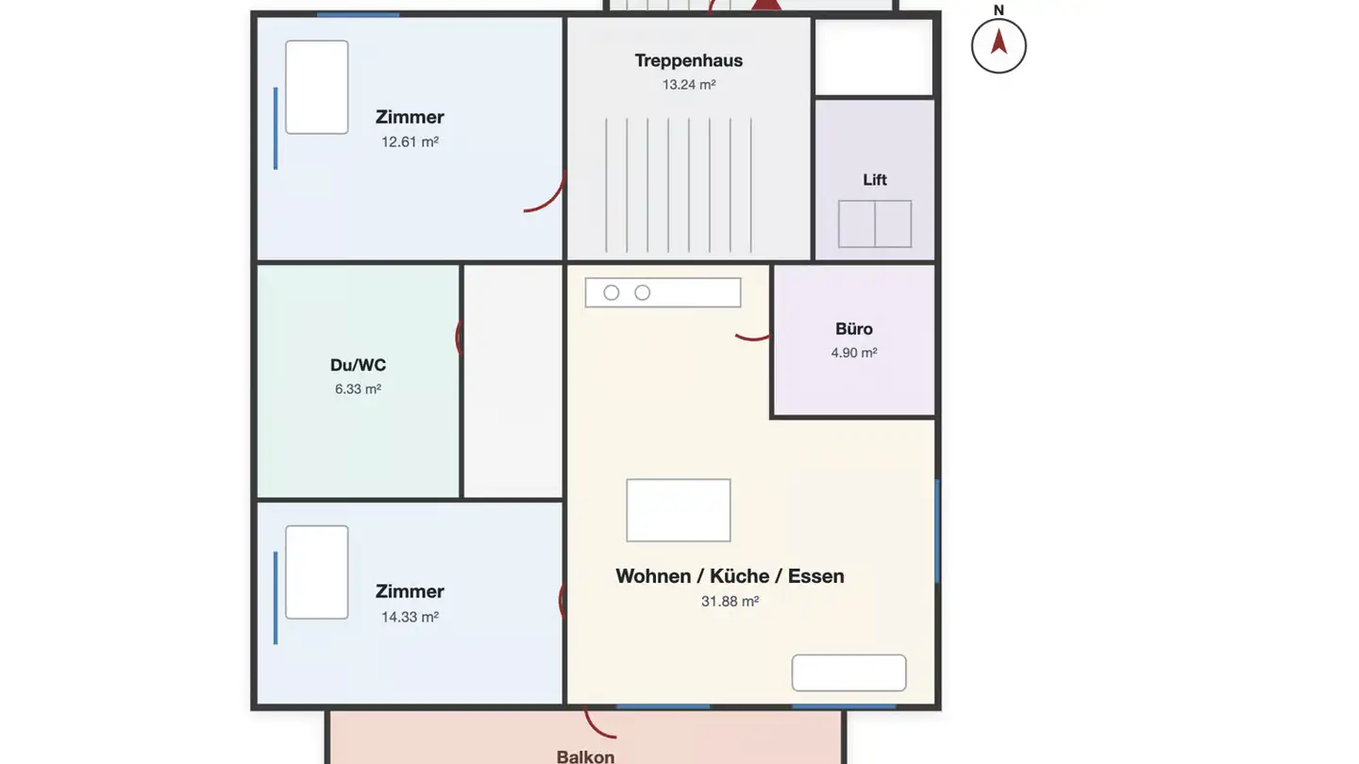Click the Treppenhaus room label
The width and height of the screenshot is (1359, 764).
[x=689, y=60]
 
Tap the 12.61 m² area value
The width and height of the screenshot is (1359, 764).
[x=410, y=141]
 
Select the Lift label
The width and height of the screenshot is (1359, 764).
[x=874, y=179]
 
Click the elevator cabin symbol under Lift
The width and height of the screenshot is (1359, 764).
[x=874, y=224]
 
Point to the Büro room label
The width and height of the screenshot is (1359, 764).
[x=853, y=328]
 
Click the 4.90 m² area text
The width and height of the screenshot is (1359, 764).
[x=853, y=353]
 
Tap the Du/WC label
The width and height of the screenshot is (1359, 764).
[x=358, y=365]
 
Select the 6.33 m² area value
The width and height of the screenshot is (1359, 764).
[x=358, y=390]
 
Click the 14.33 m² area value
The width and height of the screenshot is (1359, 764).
[x=410, y=617]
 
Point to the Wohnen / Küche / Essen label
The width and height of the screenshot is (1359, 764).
[x=730, y=576]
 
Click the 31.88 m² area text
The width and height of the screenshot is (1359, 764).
[x=730, y=602]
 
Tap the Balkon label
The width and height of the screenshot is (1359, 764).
[x=585, y=756]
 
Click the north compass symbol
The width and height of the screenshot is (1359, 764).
[x=998, y=46]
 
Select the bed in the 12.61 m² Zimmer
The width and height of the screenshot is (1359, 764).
[x=317, y=88]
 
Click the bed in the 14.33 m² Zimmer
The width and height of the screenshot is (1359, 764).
[x=317, y=573]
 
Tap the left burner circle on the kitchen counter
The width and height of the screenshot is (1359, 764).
[x=612, y=292]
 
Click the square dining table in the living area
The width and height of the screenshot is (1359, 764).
[x=679, y=510]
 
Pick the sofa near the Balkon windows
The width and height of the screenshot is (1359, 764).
[x=848, y=673]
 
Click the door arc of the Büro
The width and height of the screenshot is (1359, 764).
[x=752, y=338]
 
